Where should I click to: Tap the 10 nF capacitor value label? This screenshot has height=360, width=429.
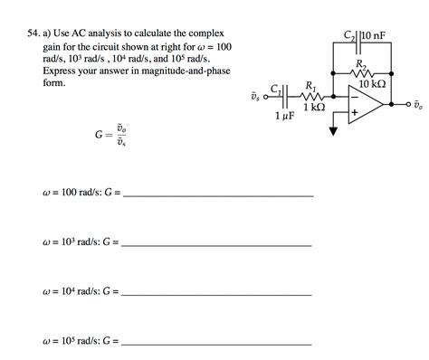[x=377, y=36]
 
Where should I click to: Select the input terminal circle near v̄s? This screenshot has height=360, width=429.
[x=264, y=95]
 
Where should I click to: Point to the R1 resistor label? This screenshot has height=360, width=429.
[x=311, y=86]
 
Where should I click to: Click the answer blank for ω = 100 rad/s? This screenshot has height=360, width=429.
[x=219, y=195]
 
